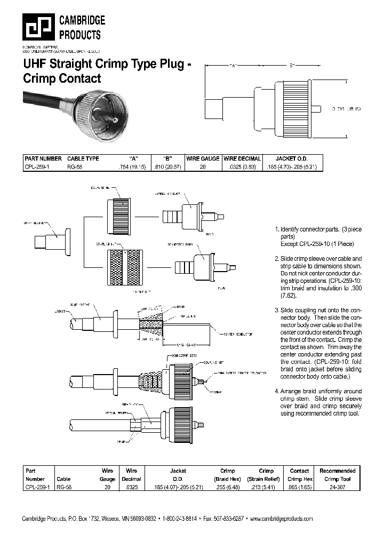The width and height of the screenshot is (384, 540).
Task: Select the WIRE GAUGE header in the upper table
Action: coord(202,158)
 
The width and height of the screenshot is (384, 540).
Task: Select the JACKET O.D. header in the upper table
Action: coord(292,158)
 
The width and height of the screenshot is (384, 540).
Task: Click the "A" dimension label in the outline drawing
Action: coord(233,66)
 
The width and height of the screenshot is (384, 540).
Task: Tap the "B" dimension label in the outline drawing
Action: coord(292,66)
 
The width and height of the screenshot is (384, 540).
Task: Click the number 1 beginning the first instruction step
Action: coord(276,229)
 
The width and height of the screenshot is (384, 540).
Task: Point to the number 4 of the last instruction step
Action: coord(276,391)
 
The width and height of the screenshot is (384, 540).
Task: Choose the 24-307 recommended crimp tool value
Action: coord(337,488)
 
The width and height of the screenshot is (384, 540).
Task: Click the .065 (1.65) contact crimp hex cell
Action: coord(299,488)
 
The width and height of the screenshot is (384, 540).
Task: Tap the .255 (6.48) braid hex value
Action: coord(227,488)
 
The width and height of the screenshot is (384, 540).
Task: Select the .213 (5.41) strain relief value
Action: coord(266,488)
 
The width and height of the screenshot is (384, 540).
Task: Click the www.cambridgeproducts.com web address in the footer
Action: coord(281,519)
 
